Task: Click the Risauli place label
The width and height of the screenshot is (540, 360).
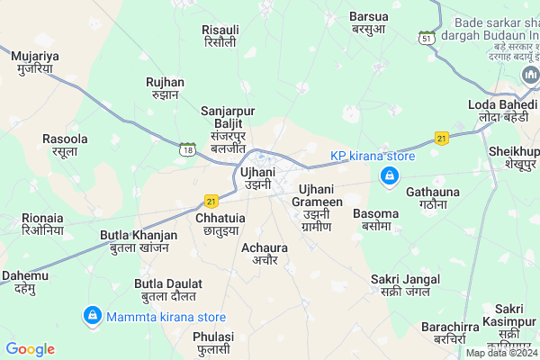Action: click(220, 36)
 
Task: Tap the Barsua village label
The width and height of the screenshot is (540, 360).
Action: click(370, 22)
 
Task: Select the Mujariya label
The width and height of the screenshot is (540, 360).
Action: click(35, 62)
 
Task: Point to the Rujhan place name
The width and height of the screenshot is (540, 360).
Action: click(165, 88)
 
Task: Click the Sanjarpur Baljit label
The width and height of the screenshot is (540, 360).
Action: click(228, 129)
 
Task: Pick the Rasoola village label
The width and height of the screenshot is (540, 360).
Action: click(65, 146)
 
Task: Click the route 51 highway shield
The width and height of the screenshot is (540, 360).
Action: click(427, 37)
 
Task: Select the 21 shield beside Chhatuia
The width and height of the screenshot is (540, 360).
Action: click(211, 201)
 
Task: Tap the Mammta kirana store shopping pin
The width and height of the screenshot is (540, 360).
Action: click(92, 316)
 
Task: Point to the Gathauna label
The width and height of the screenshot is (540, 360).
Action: click(432, 198)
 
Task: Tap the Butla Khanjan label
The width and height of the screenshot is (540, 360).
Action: click(138, 241)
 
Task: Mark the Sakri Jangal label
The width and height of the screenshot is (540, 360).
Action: click(404, 285)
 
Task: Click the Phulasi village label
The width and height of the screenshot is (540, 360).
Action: click(212, 342)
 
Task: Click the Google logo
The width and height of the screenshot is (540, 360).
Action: click(31, 348)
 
